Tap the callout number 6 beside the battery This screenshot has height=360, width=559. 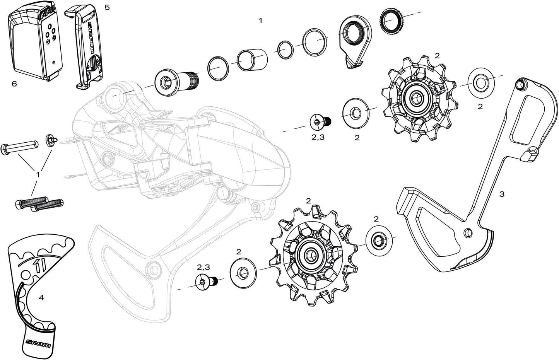coord(14,84)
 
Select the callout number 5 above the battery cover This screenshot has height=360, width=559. coord(107,7)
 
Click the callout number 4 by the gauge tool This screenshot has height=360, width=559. coord(41,298)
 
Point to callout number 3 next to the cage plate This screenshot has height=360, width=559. coord(502,195)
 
